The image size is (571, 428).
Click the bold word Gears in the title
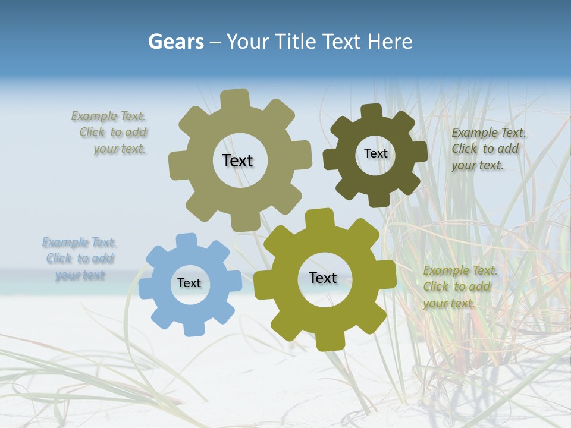tap(175, 42)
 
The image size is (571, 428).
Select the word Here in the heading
tap(390, 42)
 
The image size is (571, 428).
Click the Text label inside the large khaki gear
tap(237, 160)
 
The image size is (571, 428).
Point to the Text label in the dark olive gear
tap(375, 153)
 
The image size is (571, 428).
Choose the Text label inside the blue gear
tap(189, 283)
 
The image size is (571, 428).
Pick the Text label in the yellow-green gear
tap(323, 278)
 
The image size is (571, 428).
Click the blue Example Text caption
tap(80, 259)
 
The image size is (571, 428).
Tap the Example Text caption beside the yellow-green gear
tap(460, 287)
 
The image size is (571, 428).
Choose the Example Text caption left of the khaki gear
tap(110, 133)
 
